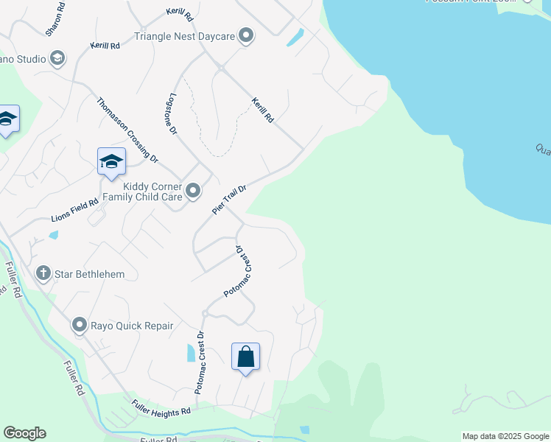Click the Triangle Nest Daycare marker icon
(246, 35)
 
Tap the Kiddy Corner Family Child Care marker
(193, 192)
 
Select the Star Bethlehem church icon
(43, 274)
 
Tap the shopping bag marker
(246, 357)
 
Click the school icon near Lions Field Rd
(111, 161)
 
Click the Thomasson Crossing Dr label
(127, 130)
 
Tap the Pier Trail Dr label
(228, 200)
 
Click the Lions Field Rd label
(74, 211)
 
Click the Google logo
(24, 433)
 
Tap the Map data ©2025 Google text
(505, 436)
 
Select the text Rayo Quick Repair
(132, 326)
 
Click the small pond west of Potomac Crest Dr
(192, 352)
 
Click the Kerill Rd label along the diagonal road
(262, 110)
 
